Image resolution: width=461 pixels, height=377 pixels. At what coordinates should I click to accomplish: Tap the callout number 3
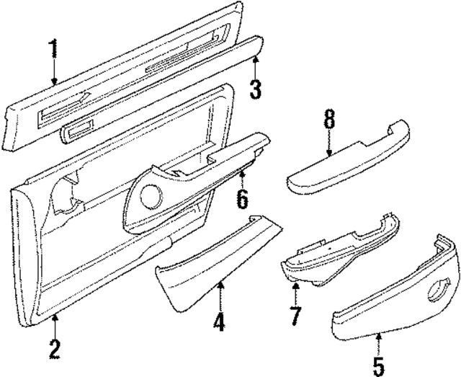[254, 89]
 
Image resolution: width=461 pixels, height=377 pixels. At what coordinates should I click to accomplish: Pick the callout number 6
[243, 198]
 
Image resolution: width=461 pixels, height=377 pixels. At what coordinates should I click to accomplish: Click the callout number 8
[329, 120]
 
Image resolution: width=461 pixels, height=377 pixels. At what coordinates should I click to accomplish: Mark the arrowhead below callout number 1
[53, 81]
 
